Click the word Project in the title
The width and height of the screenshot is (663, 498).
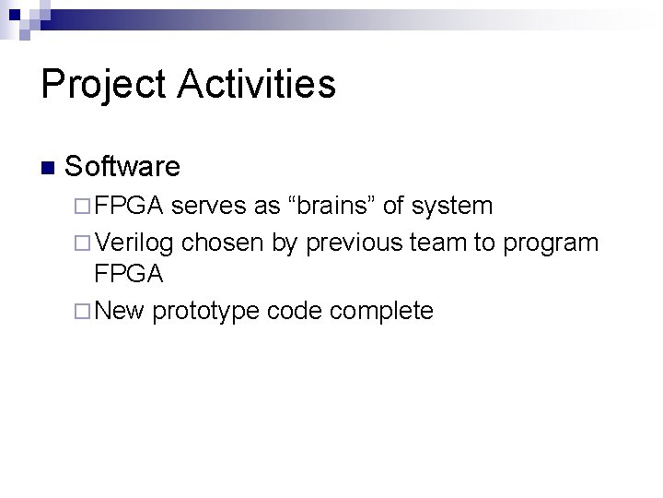click(x=103, y=85)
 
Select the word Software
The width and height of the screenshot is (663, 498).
click(x=122, y=167)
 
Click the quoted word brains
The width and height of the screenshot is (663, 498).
click(x=330, y=206)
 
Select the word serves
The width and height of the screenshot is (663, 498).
click(x=209, y=206)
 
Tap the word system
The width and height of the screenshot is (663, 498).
click(x=451, y=206)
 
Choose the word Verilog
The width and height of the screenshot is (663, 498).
click(x=134, y=243)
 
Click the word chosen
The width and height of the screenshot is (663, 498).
click(x=222, y=243)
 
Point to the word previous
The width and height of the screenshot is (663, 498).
click(x=354, y=243)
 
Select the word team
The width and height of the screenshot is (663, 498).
click(x=436, y=243)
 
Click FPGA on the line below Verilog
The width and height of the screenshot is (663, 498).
click(x=129, y=274)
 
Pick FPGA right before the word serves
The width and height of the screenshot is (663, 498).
click(x=130, y=206)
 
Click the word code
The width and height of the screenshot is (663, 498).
click(x=294, y=311)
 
